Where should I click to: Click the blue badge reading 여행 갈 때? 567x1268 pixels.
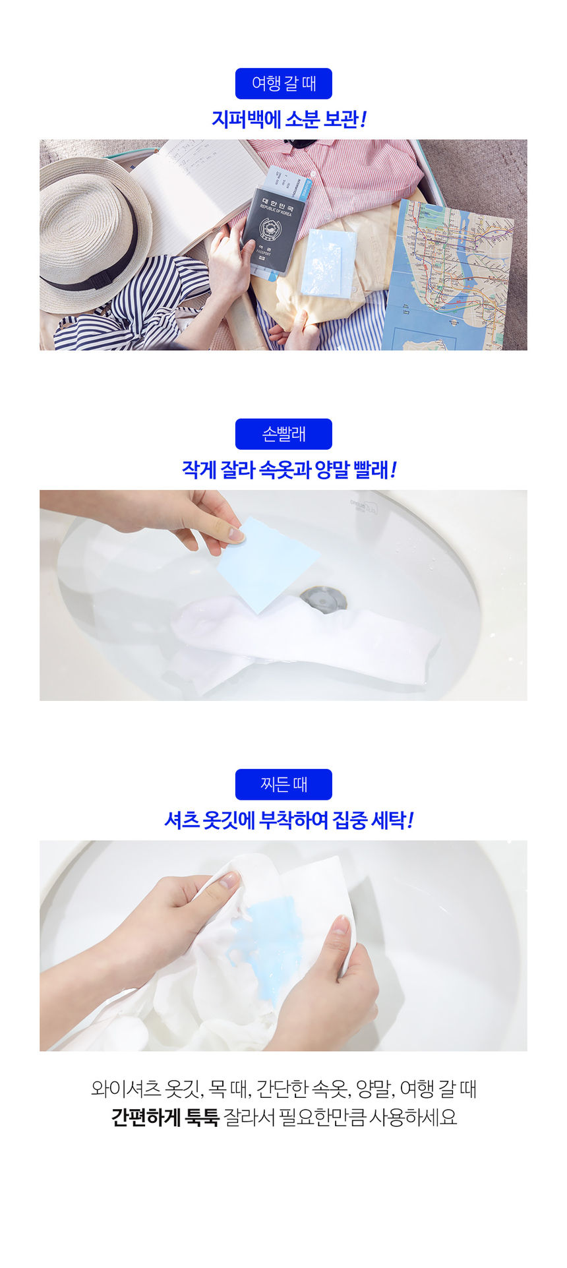(x=283, y=84)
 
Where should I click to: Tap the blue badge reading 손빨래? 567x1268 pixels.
(x=283, y=434)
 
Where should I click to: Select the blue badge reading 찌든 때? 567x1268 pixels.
(x=283, y=785)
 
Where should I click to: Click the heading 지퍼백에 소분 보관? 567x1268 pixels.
(x=288, y=119)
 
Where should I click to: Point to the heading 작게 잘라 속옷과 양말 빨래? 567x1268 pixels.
(x=288, y=470)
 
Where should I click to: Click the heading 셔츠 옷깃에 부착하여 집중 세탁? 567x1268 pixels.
(x=288, y=820)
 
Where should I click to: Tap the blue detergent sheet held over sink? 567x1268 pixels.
(x=267, y=564)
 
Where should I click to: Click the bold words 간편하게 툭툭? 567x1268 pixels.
(x=165, y=1117)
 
